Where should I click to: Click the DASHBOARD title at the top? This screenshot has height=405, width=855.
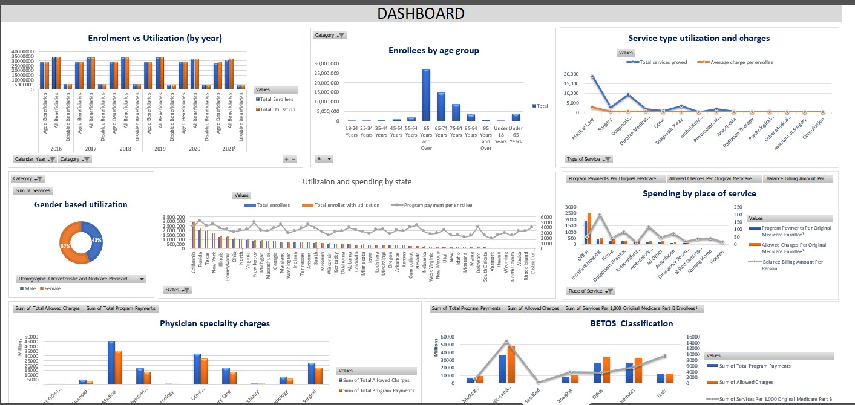pyautogui.click(x=421, y=13)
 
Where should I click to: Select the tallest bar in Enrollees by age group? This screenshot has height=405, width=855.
pyautogui.click(x=426, y=95)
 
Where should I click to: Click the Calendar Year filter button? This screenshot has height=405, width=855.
pyautogui.click(x=34, y=159)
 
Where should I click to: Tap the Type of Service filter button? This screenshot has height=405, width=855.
pyautogui.click(x=588, y=159)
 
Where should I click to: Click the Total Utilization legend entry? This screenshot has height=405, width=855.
pyautogui.click(x=278, y=109)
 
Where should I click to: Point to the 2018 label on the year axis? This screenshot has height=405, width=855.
pyautogui.click(x=125, y=147)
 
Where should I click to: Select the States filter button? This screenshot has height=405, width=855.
pyautogui.click(x=177, y=290)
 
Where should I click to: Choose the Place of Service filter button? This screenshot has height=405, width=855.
pyautogui.click(x=591, y=291)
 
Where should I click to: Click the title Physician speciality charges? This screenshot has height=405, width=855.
pyautogui.click(x=215, y=323)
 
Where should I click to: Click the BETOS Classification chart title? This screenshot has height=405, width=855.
pyautogui.click(x=632, y=323)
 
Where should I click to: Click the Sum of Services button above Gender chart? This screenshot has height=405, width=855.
pyautogui.click(x=33, y=190)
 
